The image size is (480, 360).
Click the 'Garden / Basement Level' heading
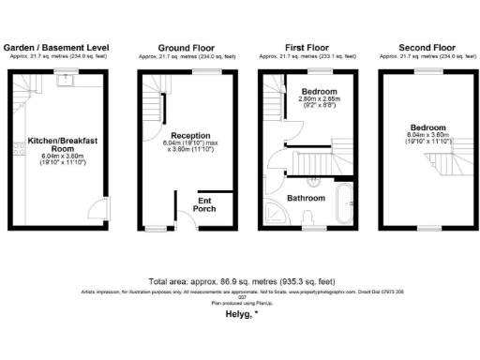click(58, 47)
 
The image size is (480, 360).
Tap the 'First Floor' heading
click(307, 47)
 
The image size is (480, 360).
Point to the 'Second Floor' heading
click(427, 47)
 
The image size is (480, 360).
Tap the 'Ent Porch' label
click(204, 203)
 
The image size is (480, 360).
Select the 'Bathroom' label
click(306, 199)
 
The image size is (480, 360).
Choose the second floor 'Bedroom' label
click(427, 127)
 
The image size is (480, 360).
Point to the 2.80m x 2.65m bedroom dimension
click(319, 98)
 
